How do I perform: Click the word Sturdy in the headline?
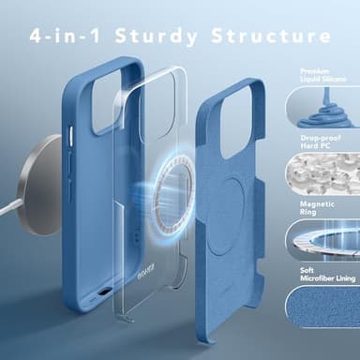pos(156,36)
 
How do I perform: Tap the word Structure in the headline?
pos(271,36)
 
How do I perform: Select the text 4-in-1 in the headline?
pos(65,36)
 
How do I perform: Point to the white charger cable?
pos(8,209)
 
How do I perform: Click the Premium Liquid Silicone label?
pos(322,75)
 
